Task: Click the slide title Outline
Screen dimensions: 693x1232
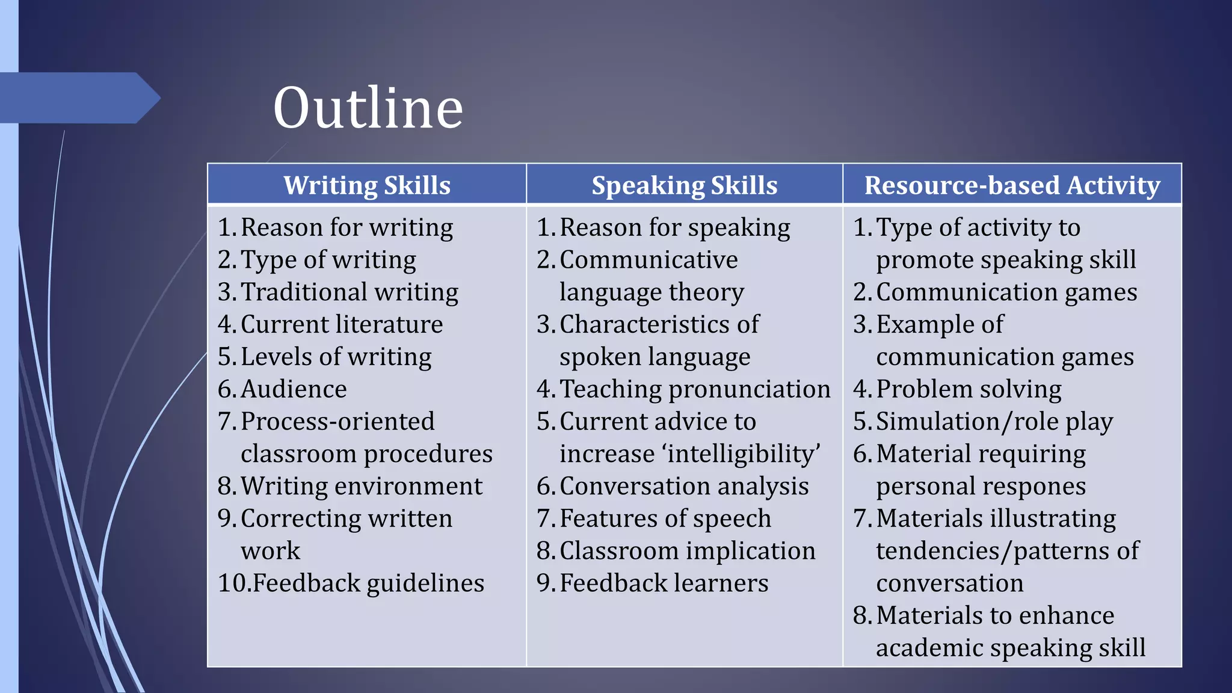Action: point(368,108)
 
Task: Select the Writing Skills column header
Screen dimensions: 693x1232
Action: point(367,185)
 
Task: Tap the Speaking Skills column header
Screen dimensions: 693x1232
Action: point(684,185)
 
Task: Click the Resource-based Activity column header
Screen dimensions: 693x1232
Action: point(1012,185)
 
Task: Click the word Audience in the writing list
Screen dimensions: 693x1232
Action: point(294,389)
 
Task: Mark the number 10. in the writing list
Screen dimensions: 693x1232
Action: point(233,584)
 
